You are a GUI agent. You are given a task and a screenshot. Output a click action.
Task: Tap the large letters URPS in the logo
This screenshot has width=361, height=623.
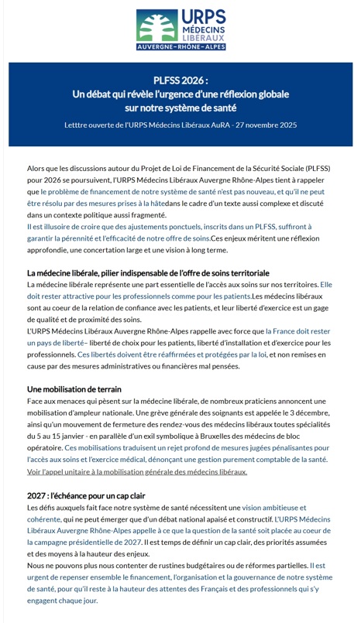click(x=202, y=16)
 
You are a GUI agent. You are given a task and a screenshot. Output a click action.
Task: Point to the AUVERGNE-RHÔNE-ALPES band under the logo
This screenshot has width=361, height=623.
click(x=180, y=47)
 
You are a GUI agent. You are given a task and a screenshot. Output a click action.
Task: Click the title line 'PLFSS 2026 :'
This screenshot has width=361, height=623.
click(x=180, y=80)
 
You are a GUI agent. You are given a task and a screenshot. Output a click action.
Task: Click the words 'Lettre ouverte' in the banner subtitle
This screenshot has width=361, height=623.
click(x=90, y=125)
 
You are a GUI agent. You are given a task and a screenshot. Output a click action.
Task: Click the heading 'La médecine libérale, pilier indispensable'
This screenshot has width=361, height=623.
click(x=148, y=272)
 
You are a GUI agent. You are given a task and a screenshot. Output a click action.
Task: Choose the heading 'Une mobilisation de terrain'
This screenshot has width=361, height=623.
click(x=74, y=389)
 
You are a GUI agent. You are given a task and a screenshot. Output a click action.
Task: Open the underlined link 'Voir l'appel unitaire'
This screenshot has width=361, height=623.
click(x=137, y=471)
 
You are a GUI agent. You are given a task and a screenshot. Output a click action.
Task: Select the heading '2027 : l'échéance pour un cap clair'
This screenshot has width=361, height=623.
click(x=86, y=495)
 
